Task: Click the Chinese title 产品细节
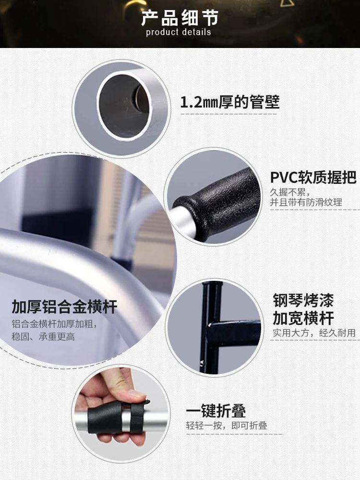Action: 180,18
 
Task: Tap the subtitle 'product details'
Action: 179,32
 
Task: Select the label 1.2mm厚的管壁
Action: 229,102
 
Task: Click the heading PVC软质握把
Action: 313,177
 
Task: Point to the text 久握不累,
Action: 290,192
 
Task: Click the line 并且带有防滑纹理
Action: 306,203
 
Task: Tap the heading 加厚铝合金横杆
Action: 64,307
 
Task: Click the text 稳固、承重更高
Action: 43,337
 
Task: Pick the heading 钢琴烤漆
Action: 303,300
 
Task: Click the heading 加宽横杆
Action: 303,318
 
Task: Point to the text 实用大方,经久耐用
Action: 314,333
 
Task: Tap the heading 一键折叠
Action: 216,411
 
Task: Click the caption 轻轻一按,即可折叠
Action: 227,425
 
